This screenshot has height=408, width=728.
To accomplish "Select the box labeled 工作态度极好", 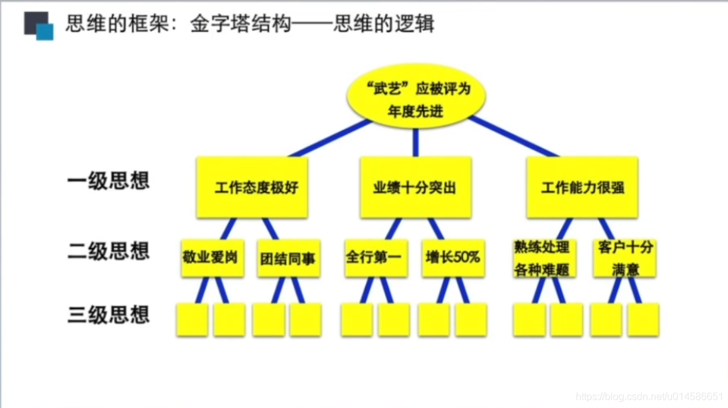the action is tap(252, 188).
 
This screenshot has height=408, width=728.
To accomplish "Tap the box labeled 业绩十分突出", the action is tap(415, 188).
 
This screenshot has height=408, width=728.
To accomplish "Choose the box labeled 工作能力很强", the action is tap(582, 188).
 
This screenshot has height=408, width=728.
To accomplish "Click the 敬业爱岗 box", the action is tap(212, 258).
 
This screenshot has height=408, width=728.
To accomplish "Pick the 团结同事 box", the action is tap(289, 258).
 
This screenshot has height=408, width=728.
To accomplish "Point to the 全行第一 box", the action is tap(376, 258).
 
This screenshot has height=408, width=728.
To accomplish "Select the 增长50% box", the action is tap(453, 258).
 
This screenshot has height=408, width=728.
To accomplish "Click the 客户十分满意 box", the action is tap(624, 258).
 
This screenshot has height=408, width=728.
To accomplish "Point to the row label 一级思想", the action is tap(108, 181).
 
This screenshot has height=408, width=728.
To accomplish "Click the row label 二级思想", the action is tap(108, 251).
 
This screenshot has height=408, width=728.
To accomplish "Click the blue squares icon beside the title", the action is tap(38, 26).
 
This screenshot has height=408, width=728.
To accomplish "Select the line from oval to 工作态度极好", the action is tap(330, 139).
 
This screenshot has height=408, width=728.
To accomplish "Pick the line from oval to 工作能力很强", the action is tap(513, 137).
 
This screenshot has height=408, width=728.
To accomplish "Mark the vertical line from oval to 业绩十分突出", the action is tap(415, 143).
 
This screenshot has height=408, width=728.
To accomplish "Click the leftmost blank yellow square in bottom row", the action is tap(192, 320).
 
